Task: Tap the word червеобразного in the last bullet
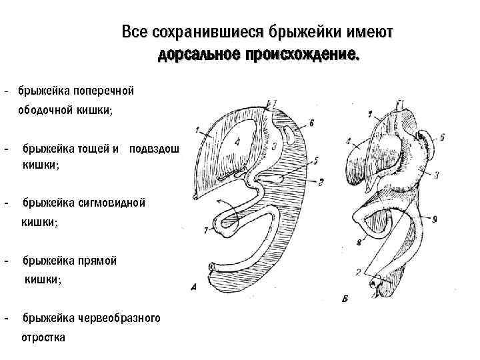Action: pyautogui.click(x=123, y=318)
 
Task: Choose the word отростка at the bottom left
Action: pyautogui.click(x=44, y=337)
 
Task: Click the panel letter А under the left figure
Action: pyautogui.click(x=194, y=287)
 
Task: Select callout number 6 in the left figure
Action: pyautogui.click(x=311, y=123)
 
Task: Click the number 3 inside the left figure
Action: pyautogui.click(x=274, y=146)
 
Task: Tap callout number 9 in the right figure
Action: pyautogui.click(x=434, y=217)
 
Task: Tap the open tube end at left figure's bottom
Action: pyautogui.click(x=211, y=267)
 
